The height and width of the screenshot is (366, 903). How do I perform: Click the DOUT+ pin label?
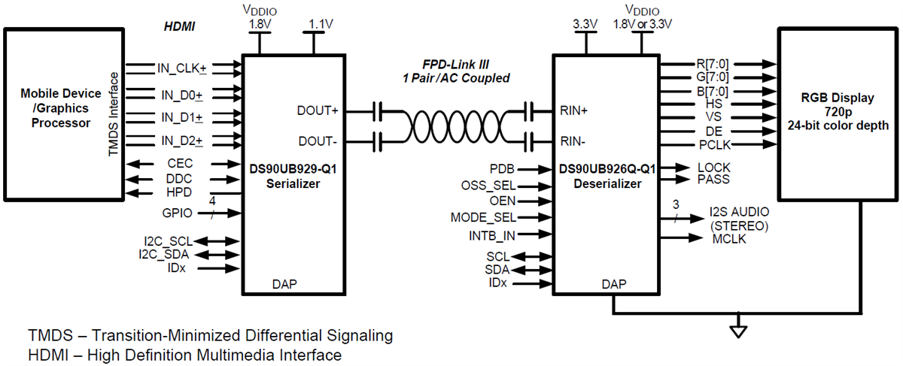(319, 110)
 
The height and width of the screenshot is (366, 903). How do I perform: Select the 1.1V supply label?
(323, 24)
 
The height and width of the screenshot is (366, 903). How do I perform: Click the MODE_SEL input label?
(483, 218)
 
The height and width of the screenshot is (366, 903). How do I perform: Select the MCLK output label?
(728, 239)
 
